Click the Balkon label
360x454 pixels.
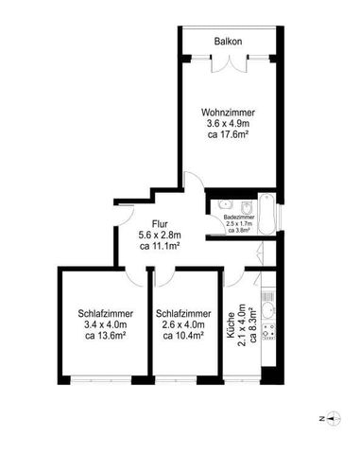pos(228,42)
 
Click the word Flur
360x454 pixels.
pos(159,198)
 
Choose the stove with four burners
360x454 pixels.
pos(268,333)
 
